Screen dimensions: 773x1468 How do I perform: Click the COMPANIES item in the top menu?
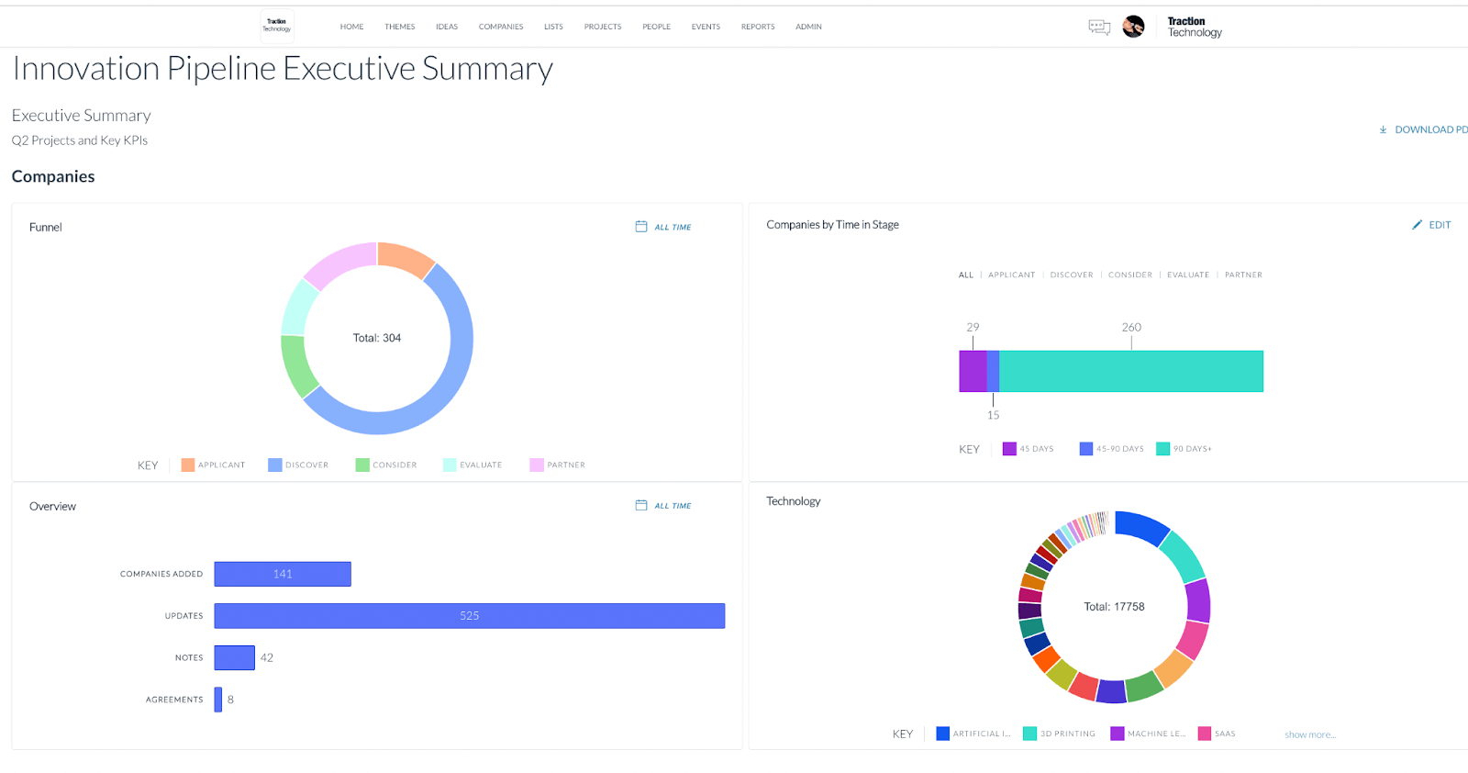(x=501, y=27)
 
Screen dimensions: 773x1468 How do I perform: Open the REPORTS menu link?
(x=758, y=27)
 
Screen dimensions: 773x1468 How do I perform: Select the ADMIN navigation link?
(x=808, y=27)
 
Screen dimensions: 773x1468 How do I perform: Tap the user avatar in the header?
(x=1133, y=27)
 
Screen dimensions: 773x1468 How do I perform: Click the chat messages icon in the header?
(x=1099, y=28)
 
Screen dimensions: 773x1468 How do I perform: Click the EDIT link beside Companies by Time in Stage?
(x=1432, y=225)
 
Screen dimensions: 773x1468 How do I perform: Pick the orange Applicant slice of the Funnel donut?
(x=405, y=258)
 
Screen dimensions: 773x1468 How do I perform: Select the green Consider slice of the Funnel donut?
(x=297, y=365)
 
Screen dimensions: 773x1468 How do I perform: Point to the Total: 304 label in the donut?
(x=377, y=338)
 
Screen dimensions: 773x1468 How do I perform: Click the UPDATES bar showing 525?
(x=469, y=616)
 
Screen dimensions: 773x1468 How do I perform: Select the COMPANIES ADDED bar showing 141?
(x=283, y=574)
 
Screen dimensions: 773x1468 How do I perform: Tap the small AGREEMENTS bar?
(x=218, y=700)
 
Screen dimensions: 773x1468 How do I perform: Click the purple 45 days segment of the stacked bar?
(x=973, y=371)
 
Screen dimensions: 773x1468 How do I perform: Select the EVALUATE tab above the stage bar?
(x=1188, y=274)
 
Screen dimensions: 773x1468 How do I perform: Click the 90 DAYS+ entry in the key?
(x=1184, y=449)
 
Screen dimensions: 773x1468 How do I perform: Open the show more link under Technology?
(x=1310, y=734)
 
